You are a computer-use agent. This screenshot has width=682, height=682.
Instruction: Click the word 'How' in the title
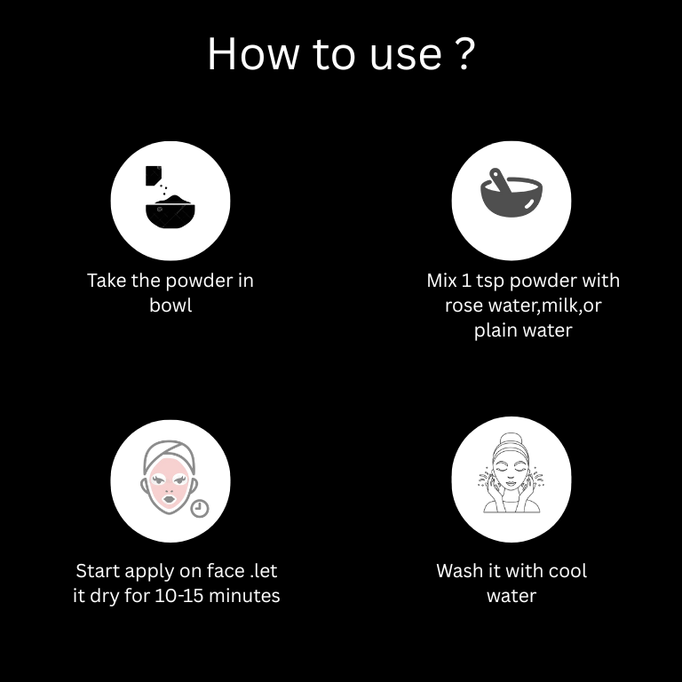(253, 54)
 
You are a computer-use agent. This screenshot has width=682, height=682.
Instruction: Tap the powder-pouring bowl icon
(170, 197)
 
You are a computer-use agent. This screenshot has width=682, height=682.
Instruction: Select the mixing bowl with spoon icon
(511, 193)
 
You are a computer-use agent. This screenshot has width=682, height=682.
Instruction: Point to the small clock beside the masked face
(200, 508)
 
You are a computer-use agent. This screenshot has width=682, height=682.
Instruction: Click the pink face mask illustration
(169, 478)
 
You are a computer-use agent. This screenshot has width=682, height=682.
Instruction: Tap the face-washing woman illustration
(511, 472)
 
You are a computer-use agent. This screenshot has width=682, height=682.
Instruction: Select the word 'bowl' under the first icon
(170, 305)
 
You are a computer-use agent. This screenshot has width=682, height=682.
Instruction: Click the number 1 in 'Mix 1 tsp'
(466, 281)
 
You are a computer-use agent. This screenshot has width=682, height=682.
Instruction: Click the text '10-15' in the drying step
(178, 596)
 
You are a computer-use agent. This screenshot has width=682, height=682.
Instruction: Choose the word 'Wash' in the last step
(460, 571)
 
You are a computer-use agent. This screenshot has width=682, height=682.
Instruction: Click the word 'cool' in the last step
(567, 571)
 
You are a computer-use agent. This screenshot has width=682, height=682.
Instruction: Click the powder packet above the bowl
(154, 175)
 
